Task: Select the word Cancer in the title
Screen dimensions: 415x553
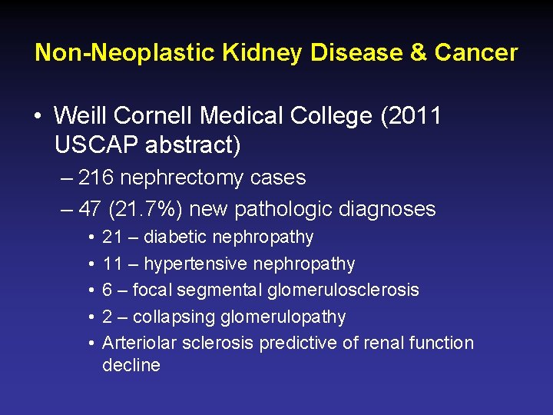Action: coord(476,53)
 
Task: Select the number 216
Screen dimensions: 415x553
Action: coord(94,178)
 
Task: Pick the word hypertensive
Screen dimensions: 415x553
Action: coord(193,264)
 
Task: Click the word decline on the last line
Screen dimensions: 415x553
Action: coord(131,365)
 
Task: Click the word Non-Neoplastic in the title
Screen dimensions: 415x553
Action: coord(125,53)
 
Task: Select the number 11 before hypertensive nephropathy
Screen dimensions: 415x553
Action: coord(112,264)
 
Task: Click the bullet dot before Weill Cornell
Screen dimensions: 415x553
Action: coord(37,118)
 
